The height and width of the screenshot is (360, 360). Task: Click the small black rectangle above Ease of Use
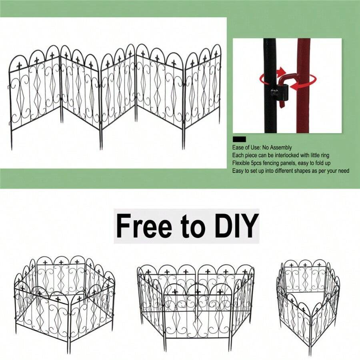[x=239, y=139]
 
